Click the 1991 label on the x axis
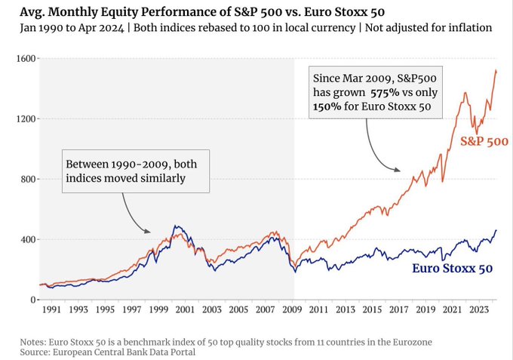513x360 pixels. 53,309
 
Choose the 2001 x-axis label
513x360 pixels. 186,309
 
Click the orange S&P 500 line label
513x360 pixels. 484,141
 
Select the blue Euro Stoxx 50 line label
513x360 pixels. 452,268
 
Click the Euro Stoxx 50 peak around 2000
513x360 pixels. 176,226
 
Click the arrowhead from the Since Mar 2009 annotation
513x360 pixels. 399,171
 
